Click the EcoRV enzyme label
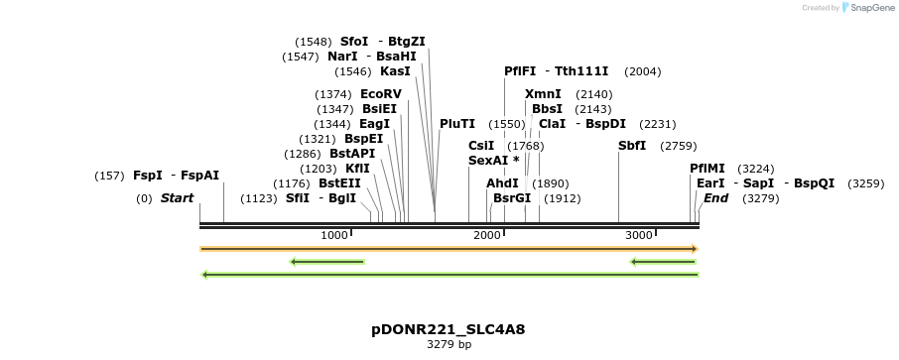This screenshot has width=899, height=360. coord(381,94)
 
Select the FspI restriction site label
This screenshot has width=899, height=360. coord(148,176)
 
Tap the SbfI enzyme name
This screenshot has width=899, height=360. coord(632,146)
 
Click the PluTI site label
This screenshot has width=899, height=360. coord(457,124)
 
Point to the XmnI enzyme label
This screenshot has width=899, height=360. coord(543,94)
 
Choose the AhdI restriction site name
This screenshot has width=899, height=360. coord(502,183)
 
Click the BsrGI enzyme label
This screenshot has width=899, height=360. coord(512,198)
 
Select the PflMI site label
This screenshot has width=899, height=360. coord(707,169)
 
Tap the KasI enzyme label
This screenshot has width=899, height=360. coord(395,71)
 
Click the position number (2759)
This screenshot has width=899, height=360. coord(679,146)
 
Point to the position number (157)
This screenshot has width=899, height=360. coord(109,176)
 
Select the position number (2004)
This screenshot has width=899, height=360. coord(642,71)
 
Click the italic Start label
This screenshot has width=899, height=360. coord(177,198)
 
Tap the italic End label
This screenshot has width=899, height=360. coord(715,198)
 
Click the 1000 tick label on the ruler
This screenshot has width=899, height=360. coord(334,235)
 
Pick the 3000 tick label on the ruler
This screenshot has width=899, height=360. coord(639,235)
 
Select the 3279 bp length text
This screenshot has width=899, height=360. coord(449,345)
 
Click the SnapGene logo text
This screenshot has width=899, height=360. coord(868,8)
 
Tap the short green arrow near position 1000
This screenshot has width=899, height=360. coord(327,262)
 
